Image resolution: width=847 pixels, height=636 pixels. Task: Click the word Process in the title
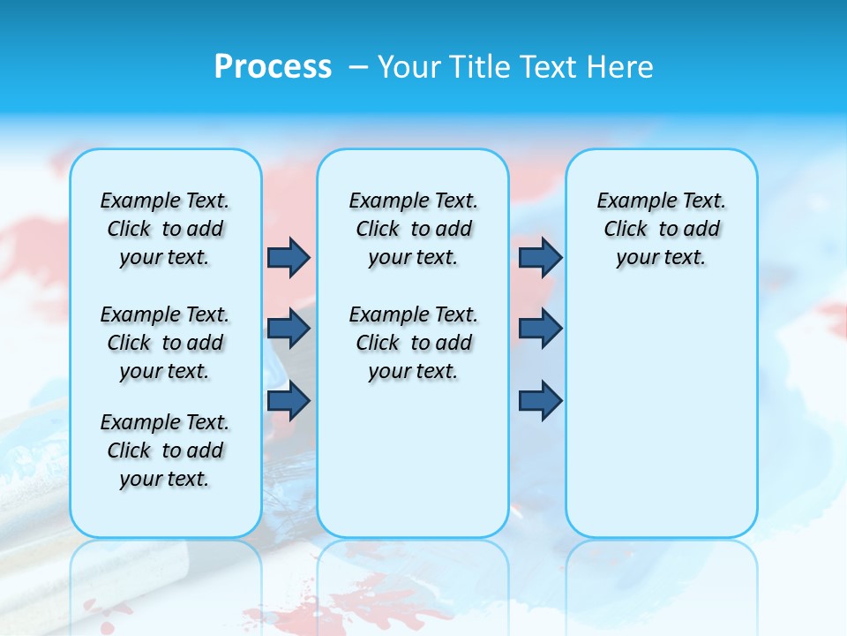(x=273, y=66)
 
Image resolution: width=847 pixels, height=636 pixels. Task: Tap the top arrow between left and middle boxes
(x=289, y=257)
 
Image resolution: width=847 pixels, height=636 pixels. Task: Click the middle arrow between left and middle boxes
(x=289, y=329)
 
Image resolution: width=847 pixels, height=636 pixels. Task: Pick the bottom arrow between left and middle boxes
(x=289, y=401)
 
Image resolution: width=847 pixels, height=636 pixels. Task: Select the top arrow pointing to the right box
(x=540, y=257)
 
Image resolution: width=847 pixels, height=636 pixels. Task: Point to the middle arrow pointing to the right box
(x=540, y=329)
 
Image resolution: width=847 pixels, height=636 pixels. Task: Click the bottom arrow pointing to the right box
(x=540, y=401)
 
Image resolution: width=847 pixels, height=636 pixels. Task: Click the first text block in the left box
(x=165, y=229)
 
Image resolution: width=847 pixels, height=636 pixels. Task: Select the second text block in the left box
(x=165, y=343)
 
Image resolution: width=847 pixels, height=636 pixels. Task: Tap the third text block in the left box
(x=165, y=450)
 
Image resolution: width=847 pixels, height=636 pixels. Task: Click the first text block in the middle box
(x=413, y=229)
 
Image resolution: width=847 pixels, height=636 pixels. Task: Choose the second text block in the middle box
(x=413, y=343)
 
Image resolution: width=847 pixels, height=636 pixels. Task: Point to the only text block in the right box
(x=661, y=229)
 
